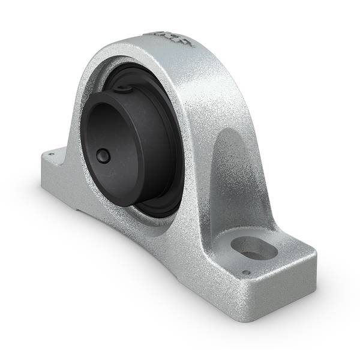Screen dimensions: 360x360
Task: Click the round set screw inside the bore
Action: (104, 157)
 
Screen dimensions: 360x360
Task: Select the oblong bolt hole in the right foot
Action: (253, 247)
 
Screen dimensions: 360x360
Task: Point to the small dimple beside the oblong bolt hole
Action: (246, 273)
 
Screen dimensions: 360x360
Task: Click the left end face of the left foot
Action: (46, 168)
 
